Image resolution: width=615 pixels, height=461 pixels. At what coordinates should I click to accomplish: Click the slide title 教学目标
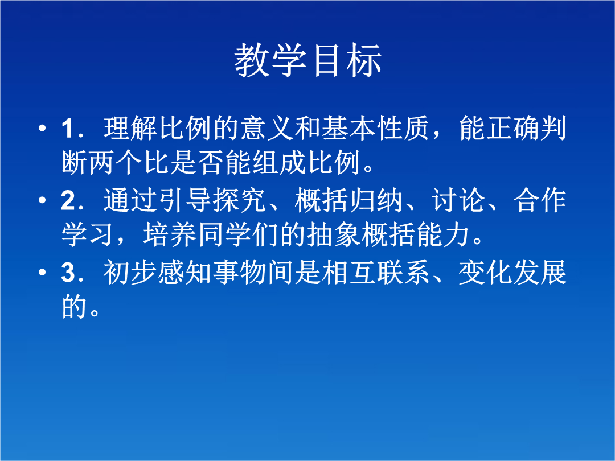pos(308,60)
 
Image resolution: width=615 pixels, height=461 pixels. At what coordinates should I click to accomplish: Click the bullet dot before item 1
pos(42,128)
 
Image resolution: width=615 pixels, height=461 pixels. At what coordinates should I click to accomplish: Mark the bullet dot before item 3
pos(42,273)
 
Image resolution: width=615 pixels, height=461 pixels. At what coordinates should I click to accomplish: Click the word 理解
pos(130,128)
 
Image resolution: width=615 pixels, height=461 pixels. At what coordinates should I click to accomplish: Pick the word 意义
pos(267,128)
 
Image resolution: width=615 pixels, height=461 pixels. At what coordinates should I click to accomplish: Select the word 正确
pos(512,128)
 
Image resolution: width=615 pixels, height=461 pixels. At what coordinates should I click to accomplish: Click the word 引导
pos(185,200)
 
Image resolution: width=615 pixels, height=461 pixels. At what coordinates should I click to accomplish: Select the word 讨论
pos(458,200)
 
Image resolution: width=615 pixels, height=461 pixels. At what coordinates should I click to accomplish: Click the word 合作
pos(540,200)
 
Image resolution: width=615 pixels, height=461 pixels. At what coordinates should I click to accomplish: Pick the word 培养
pos(170,235)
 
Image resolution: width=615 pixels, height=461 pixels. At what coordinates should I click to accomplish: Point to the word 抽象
pos(334,235)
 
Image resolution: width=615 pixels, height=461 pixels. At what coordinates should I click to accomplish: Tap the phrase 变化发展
pos(512,273)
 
